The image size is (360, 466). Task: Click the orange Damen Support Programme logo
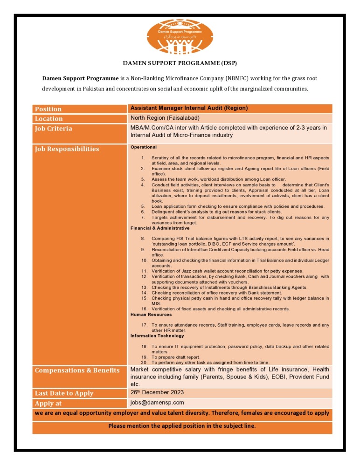click(x=180, y=35)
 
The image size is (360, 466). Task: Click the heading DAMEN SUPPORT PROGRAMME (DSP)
click(x=180, y=63)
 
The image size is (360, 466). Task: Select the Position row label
click(x=48, y=109)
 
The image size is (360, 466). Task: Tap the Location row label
click(x=49, y=119)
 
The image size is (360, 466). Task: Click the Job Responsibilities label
click(x=67, y=149)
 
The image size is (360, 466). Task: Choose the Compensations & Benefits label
click(x=77, y=370)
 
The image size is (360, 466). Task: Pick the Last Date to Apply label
click(x=64, y=393)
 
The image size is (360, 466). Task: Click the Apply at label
click(x=48, y=404)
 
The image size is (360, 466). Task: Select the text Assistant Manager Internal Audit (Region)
click(x=189, y=108)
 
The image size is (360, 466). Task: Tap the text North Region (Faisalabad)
click(x=166, y=118)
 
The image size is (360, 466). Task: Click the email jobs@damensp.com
click(x=157, y=403)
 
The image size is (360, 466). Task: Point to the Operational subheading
click(x=144, y=147)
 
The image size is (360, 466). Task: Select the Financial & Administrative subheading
click(x=160, y=228)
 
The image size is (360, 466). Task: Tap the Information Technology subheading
click(x=157, y=336)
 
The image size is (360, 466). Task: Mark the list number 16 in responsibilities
click(x=145, y=309)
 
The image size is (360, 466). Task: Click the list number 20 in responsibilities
click(x=145, y=363)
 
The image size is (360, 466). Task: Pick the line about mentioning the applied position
click(x=182, y=426)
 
